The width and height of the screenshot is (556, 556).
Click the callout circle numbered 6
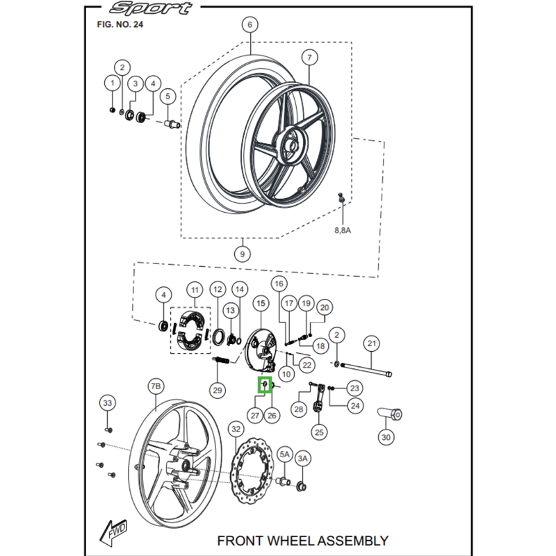(249, 25)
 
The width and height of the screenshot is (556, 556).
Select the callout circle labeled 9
(241, 254)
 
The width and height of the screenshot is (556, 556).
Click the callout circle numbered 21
(371, 343)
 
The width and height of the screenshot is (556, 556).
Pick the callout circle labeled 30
(386, 437)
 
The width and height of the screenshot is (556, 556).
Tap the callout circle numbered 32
(236, 430)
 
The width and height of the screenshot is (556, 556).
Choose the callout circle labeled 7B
(156, 386)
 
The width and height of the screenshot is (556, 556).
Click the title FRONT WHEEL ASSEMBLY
(303, 539)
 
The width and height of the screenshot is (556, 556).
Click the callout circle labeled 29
(218, 391)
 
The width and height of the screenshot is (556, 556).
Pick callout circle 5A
(284, 454)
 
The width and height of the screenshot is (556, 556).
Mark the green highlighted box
(265, 385)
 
